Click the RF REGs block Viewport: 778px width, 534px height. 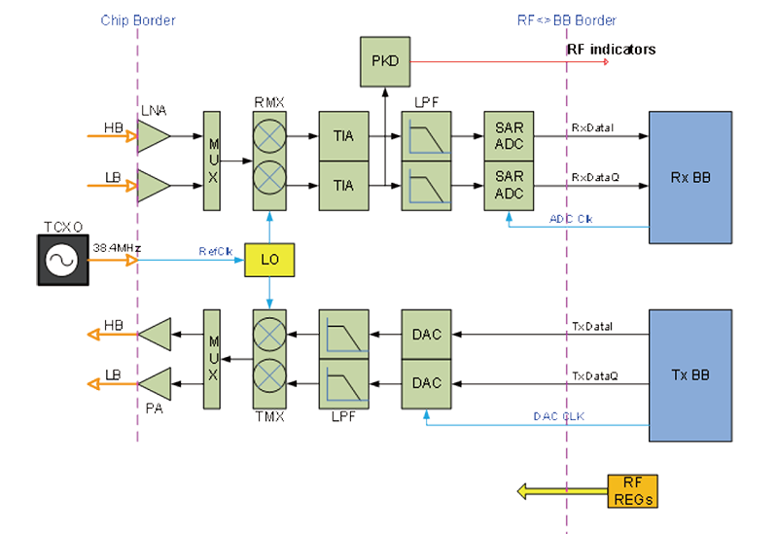click(x=631, y=491)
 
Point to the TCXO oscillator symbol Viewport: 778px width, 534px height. click(x=63, y=261)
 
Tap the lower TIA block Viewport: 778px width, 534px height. click(x=343, y=184)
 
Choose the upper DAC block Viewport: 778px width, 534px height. click(x=426, y=335)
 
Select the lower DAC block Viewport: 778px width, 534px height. click(x=426, y=383)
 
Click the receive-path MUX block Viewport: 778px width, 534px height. click(x=213, y=160)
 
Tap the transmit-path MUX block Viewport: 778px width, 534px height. click(x=213, y=359)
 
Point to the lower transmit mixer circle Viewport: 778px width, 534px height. click(x=271, y=383)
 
